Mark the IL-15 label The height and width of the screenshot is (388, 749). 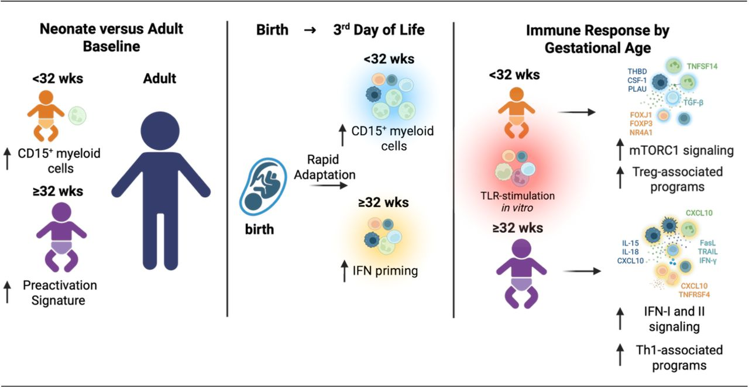click(631, 242)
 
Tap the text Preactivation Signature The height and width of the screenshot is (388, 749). click(60, 293)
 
